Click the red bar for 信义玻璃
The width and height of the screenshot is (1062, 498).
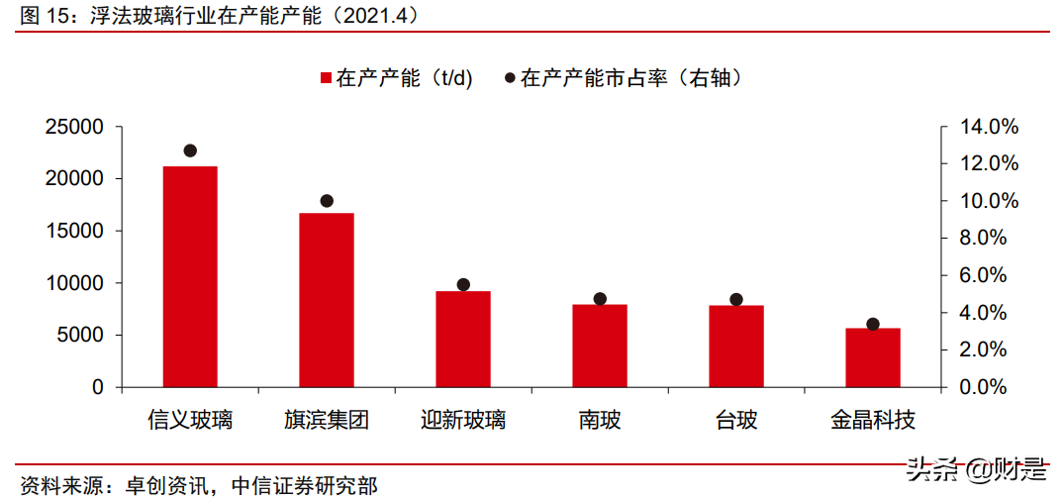[190, 276]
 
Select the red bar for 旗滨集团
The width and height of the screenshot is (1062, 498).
[327, 300]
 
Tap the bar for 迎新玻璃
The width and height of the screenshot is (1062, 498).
[463, 339]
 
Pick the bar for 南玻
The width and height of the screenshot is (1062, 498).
[600, 346]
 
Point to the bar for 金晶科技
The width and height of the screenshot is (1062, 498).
[873, 357]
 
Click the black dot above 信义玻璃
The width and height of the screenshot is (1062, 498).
[190, 150]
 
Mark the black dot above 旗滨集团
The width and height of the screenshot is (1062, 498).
[328, 201]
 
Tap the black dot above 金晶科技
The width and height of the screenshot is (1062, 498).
[873, 324]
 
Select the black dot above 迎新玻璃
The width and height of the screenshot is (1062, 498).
[463, 284]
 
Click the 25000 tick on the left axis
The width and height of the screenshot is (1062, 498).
[73, 127]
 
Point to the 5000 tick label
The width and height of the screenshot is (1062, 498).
[78, 335]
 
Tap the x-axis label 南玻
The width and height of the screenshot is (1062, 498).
[600, 420]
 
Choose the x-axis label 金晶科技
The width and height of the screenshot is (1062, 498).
[873, 420]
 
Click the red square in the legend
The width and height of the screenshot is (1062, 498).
[326, 78]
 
